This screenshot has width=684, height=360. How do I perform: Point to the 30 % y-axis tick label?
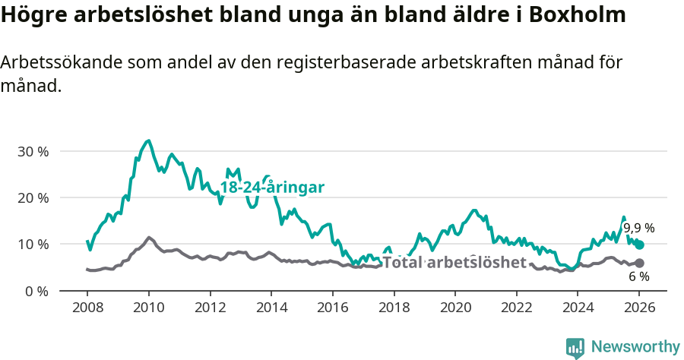pos(33,151)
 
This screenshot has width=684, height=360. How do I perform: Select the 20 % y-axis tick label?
pos(33,197)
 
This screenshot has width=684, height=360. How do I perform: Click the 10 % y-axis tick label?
pos(33,244)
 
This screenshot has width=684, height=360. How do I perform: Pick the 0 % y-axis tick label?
pos(36,291)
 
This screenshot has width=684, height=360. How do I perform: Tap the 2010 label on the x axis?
pos(148,308)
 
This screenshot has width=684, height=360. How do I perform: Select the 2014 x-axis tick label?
pos(271,308)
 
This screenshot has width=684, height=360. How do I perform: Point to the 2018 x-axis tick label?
pos(394,308)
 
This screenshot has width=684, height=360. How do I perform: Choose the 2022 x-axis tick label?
pos(516,308)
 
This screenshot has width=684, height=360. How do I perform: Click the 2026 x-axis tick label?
pos(639,308)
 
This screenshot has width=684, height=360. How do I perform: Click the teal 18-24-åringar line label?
pos(272,187)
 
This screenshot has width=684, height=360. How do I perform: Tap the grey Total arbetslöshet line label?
pos(454,263)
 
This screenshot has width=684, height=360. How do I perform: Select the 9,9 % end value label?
pos(638,228)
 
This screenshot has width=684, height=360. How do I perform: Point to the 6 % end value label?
pos(638,276)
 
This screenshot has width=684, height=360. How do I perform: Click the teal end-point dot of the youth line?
pos(639,245)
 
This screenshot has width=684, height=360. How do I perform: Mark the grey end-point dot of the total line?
pos(639,263)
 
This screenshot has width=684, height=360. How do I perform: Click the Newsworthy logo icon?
pos(575,347)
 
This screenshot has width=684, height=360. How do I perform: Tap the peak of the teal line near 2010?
pos(148,141)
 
